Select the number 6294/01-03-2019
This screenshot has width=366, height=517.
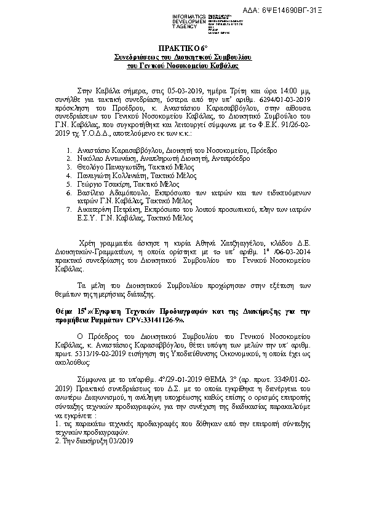282,97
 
